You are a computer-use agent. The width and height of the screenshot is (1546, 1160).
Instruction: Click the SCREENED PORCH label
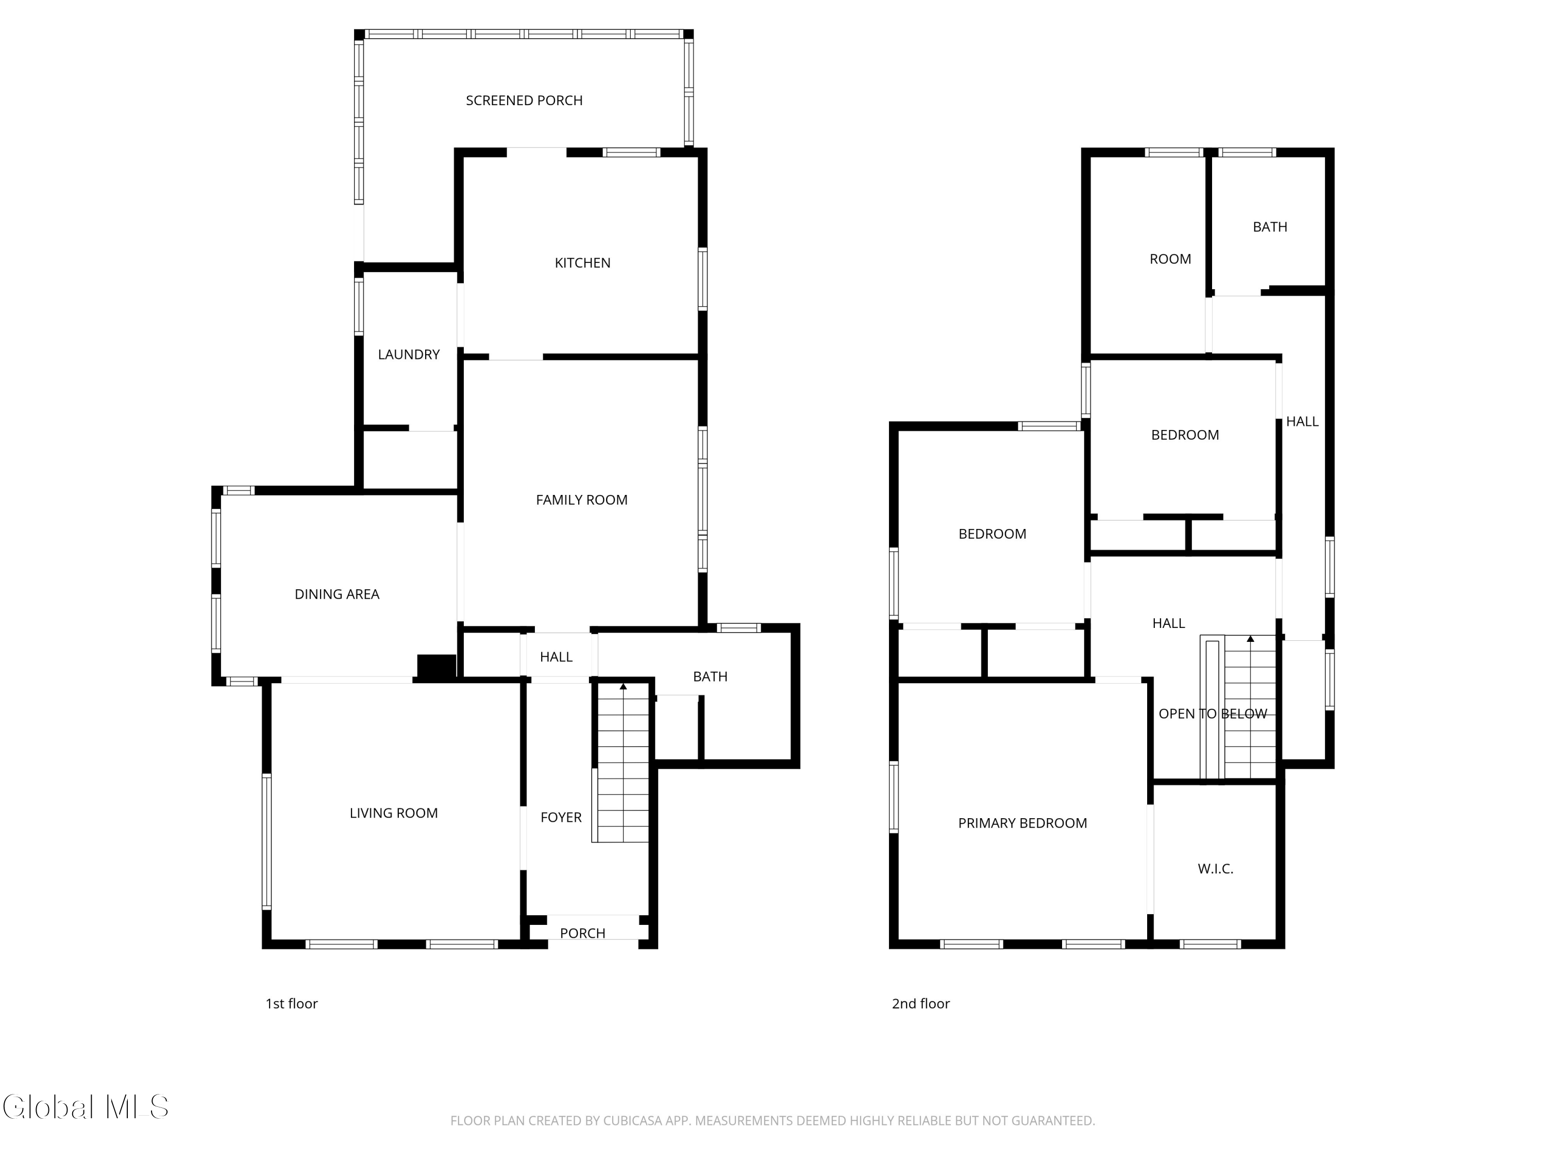click(x=524, y=101)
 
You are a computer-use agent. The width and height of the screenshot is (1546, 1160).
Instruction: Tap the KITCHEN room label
click(x=583, y=263)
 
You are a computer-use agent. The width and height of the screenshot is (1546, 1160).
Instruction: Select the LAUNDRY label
click(x=409, y=355)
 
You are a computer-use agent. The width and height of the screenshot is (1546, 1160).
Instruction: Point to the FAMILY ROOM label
click(x=581, y=500)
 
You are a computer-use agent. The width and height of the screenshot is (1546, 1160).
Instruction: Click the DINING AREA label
click(x=337, y=594)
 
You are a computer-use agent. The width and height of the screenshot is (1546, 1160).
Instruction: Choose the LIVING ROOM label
click(x=394, y=813)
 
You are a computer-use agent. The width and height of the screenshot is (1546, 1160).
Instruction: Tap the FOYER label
click(x=561, y=817)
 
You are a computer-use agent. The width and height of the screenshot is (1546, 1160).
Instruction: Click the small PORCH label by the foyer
click(x=583, y=934)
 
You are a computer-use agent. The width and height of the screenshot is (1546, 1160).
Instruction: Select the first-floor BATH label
click(x=710, y=677)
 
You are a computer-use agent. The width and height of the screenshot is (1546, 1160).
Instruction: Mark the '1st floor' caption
click(x=292, y=1004)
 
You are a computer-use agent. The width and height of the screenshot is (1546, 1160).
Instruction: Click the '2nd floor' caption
click(x=920, y=1004)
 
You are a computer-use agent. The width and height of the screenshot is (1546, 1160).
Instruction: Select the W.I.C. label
click(x=1215, y=869)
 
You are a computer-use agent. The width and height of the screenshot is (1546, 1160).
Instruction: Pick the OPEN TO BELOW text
click(x=1213, y=714)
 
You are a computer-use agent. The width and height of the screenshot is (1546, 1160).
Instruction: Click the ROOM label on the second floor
click(x=1170, y=259)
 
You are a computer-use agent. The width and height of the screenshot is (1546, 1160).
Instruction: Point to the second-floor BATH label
click(x=1270, y=227)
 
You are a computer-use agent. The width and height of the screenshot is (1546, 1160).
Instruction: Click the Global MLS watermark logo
click(x=85, y=1107)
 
